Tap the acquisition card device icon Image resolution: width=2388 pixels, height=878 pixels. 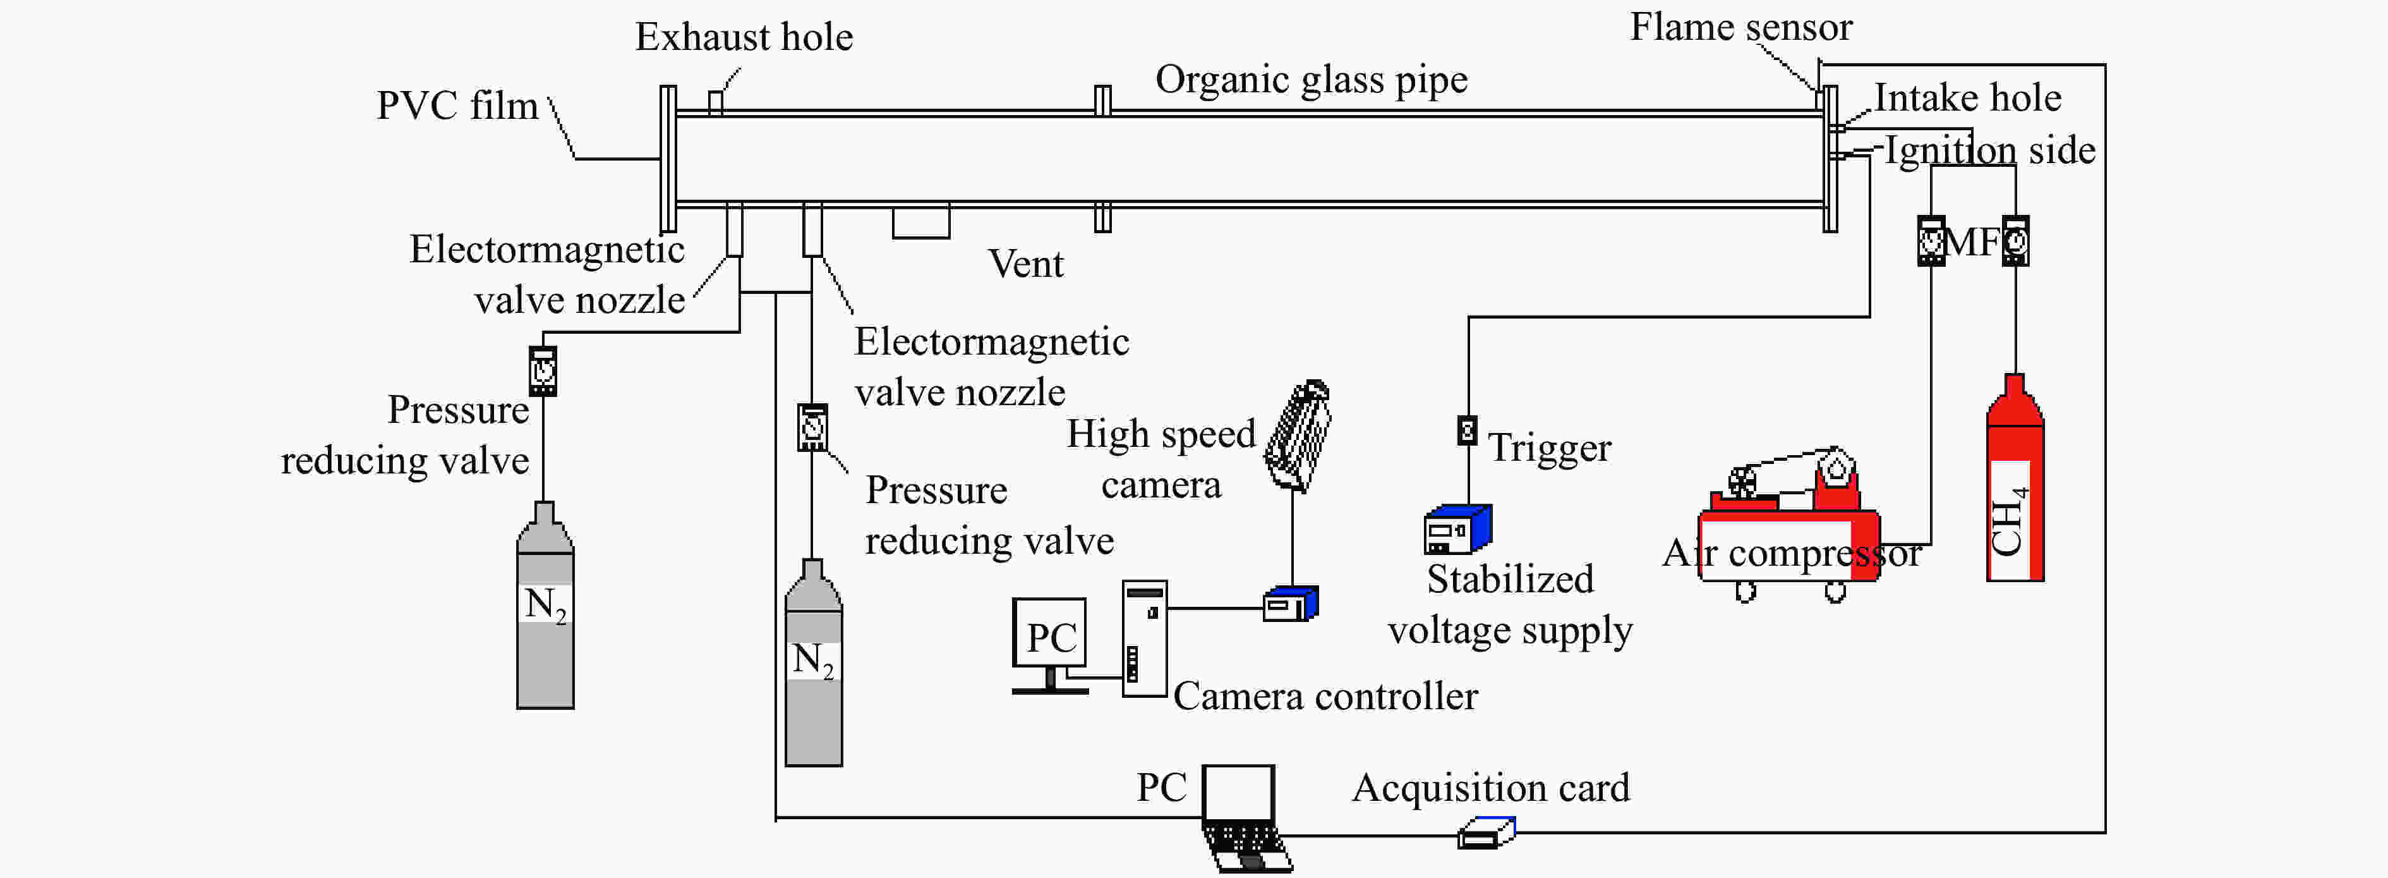click(1486, 832)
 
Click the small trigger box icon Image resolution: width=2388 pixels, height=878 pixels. click(1466, 430)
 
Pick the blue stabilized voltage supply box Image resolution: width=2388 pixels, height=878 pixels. click(1457, 528)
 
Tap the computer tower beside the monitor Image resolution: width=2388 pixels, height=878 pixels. click(1144, 638)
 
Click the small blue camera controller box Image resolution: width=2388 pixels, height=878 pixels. click(1291, 604)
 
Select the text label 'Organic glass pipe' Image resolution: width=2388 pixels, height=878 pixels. click(1311, 80)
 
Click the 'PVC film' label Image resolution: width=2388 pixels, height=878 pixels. click(457, 105)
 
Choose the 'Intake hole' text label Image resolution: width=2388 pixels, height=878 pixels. click(1967, 97)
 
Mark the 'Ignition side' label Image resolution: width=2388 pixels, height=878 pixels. click(1989, 150)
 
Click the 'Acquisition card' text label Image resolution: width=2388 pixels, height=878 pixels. click(1491, 788)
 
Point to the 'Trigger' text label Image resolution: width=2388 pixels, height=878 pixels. click(1549, 448)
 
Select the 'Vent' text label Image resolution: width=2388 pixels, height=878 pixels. click(1025, 264)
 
